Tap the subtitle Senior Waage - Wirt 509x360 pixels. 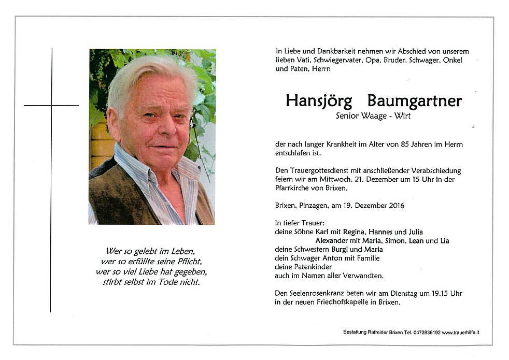click(373, 117)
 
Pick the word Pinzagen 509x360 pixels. click(316, 206)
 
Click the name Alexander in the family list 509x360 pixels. click(331, 241)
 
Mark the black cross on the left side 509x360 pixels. click(51, 106)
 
